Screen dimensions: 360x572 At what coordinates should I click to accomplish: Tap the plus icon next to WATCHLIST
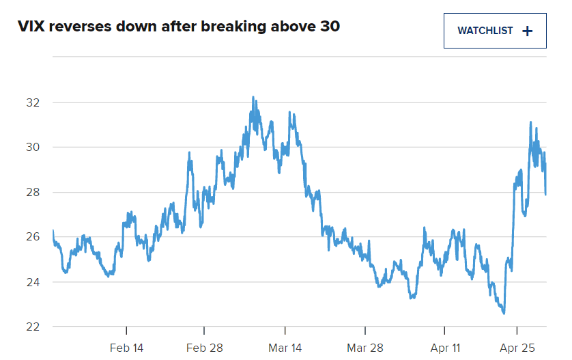pyautogui.click(x=526, y=31)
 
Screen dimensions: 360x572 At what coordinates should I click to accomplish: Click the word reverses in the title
pyautogui.click(x=78, y=27)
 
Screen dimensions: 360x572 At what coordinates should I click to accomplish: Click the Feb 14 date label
pyautogui.click(x=127, y=348)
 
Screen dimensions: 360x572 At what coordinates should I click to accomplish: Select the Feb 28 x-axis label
pyautogui.click(x=205, y=348)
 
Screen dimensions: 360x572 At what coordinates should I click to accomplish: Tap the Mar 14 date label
pyautogui.click(x=285, y=348)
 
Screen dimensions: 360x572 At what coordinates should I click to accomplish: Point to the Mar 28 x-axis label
pyautogui.click(x=364, y=348)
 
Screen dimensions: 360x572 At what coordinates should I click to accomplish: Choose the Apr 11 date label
pyautogui.click(x=446, y=348)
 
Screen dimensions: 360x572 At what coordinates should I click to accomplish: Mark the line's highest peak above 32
pyautogui.click(x=253, y=97)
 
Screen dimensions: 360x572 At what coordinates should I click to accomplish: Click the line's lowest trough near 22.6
pyautogui.click(x=504, y=314)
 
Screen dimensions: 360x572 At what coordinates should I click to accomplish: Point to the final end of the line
pyautogui.click(x=545, y=194)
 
